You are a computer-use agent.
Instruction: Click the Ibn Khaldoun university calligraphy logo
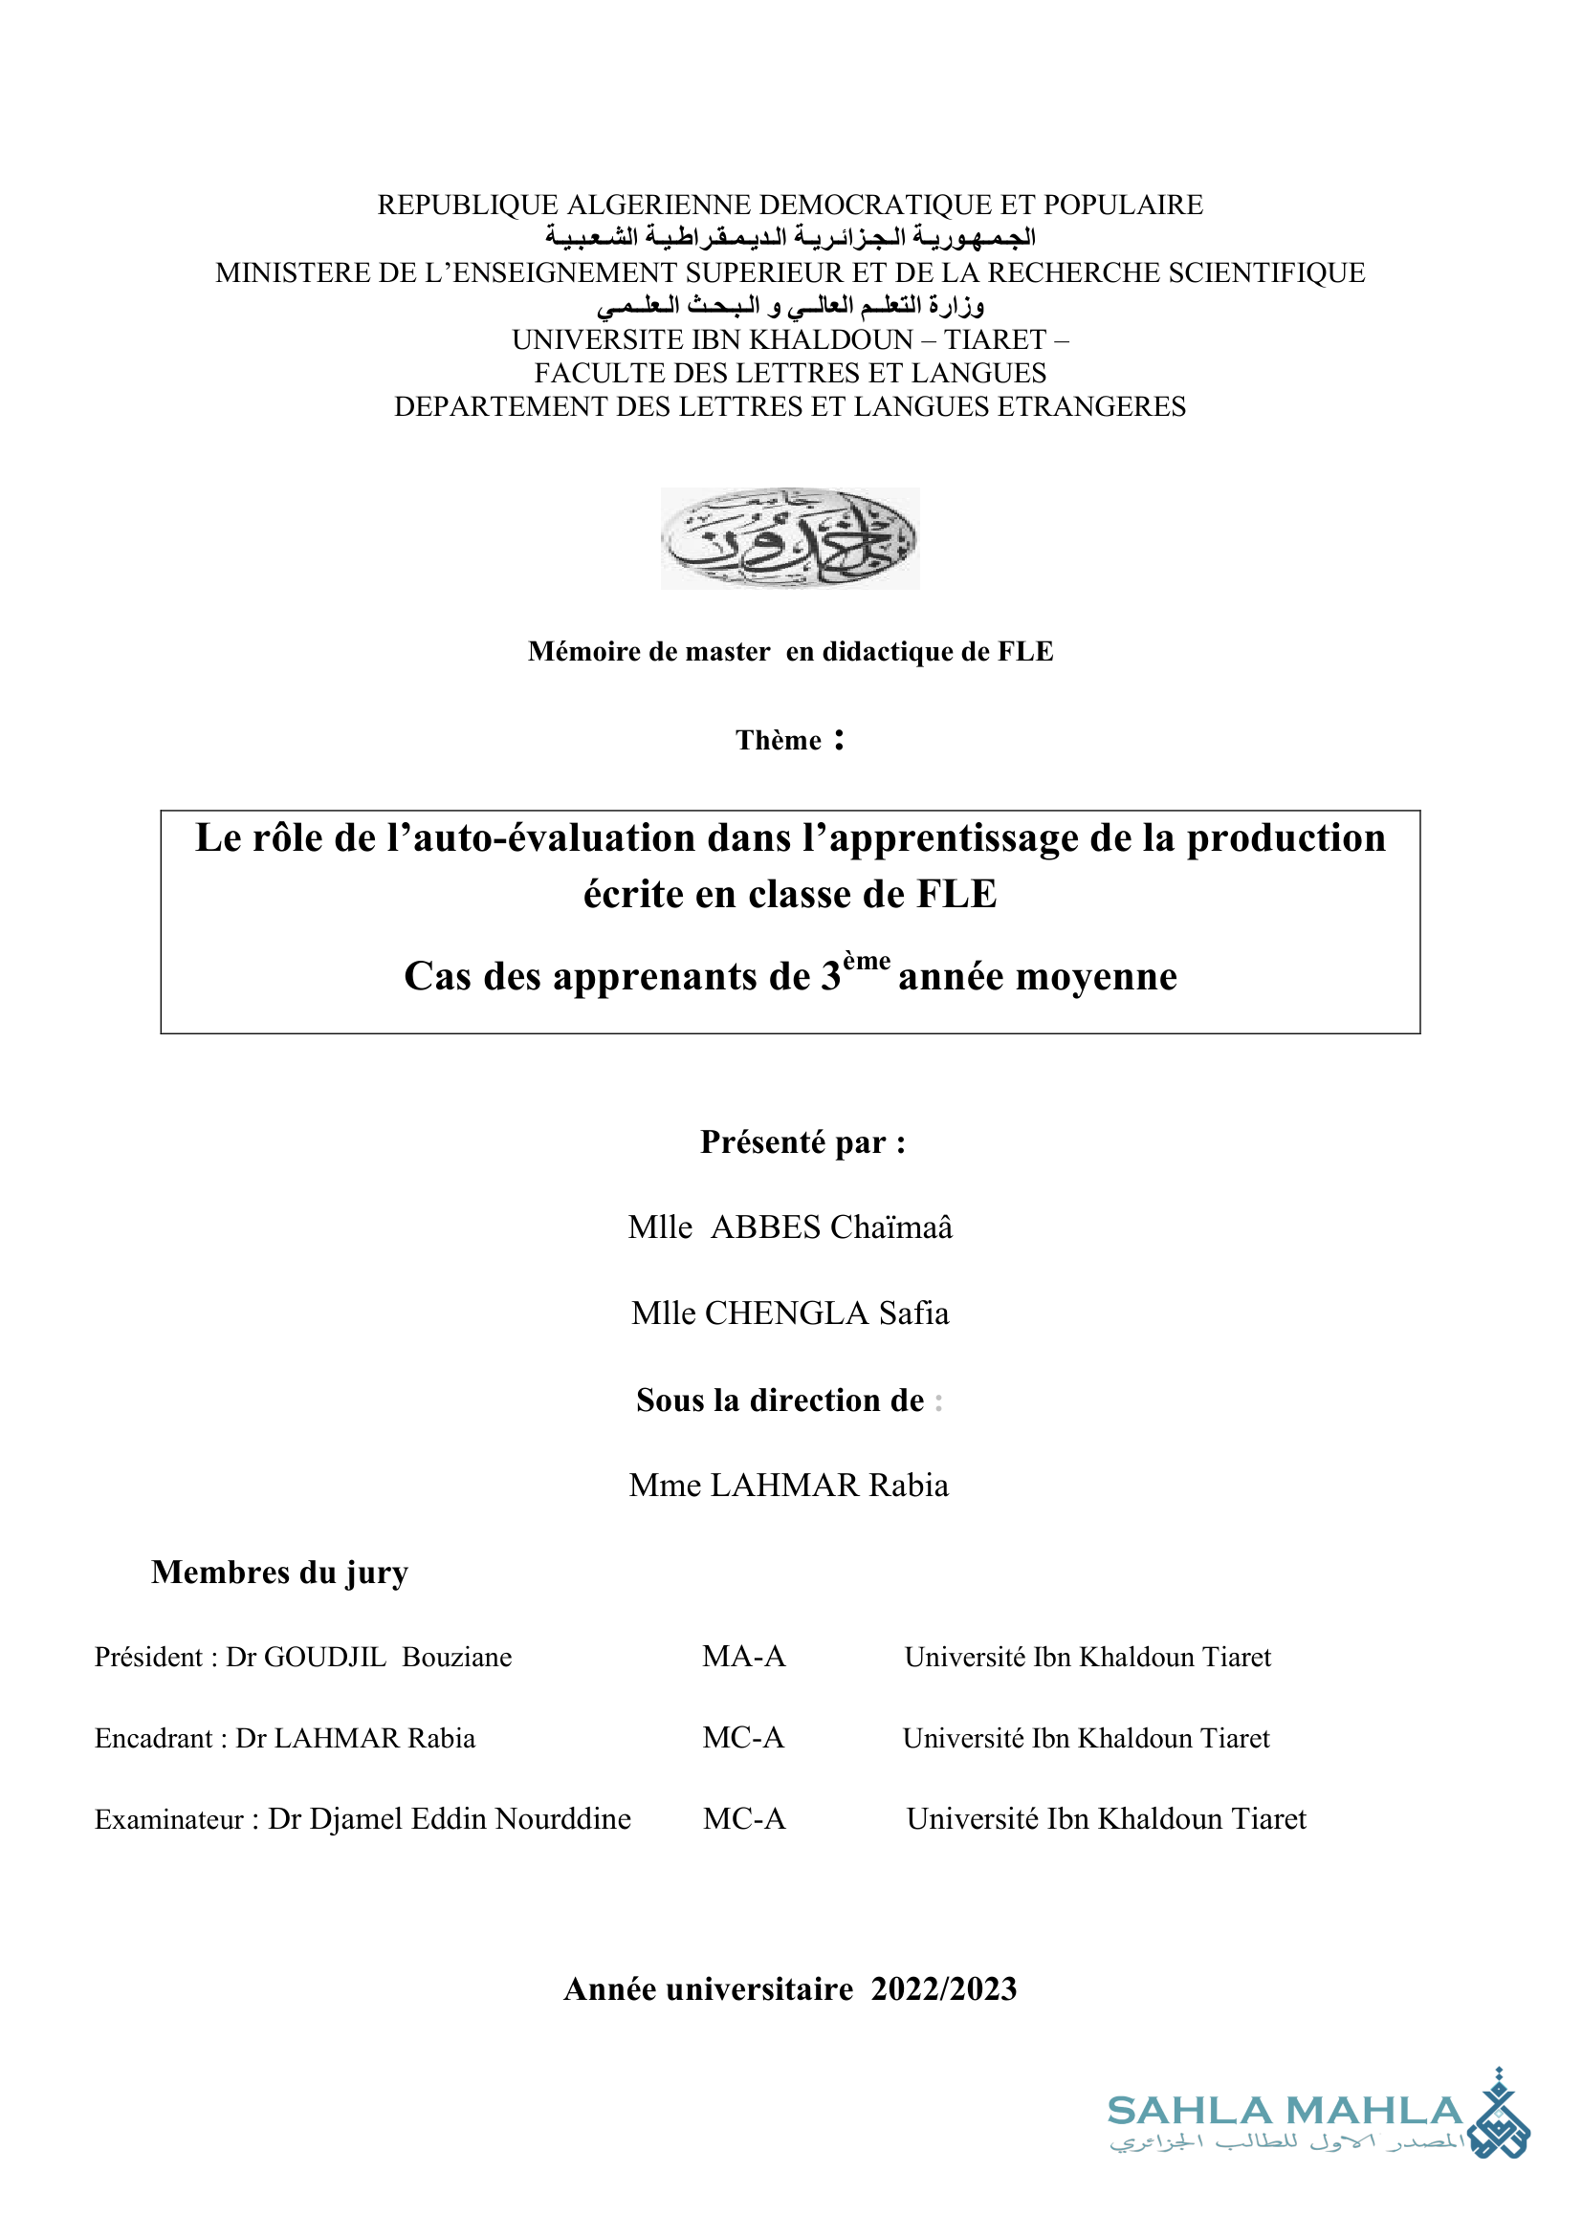point(789,538)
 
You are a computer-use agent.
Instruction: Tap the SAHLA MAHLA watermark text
point(1284,2111)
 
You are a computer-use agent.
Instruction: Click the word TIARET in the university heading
point(994,340)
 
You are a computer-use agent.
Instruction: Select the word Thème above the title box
point(779,741)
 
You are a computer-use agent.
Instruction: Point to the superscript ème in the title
point(866,961)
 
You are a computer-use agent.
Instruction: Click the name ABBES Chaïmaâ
point(831,1227)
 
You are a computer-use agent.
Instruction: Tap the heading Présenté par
point(802,1142)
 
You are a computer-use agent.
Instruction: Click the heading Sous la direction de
point(780,1400)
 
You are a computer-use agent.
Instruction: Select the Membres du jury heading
point(279,1573)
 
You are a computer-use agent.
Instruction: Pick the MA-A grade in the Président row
point(743,1657)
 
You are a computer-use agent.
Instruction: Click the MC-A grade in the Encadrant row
point(743,1737)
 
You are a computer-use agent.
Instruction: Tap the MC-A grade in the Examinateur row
point(744,1819)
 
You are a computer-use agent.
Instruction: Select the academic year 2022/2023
point(943,1989)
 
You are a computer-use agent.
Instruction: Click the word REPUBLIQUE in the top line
point(468,206)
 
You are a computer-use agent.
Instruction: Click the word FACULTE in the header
point(589,373)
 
